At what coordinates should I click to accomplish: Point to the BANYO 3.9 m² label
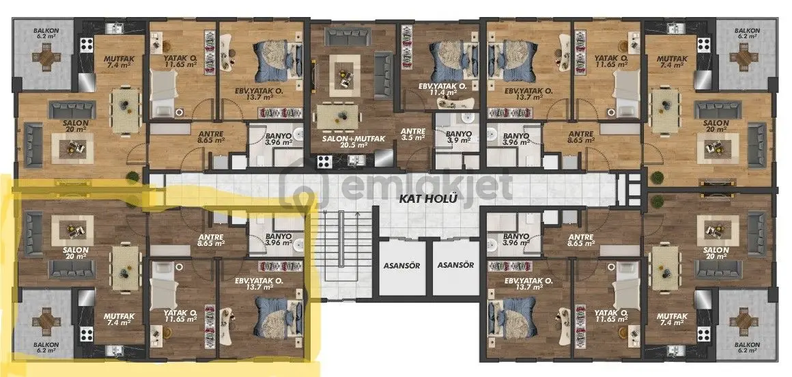(x=459, y=137)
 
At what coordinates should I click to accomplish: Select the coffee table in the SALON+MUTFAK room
(x=345, y=76)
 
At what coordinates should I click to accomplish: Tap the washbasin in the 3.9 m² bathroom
(x=467, y=120)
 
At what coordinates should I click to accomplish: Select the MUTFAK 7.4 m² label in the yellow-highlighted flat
(x=119, y=320)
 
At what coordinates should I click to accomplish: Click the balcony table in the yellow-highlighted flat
(x=46, y=320)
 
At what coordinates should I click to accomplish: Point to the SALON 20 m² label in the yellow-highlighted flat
(x=76, y=253)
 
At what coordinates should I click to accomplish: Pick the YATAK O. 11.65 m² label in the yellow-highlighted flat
(x=180, y=316)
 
